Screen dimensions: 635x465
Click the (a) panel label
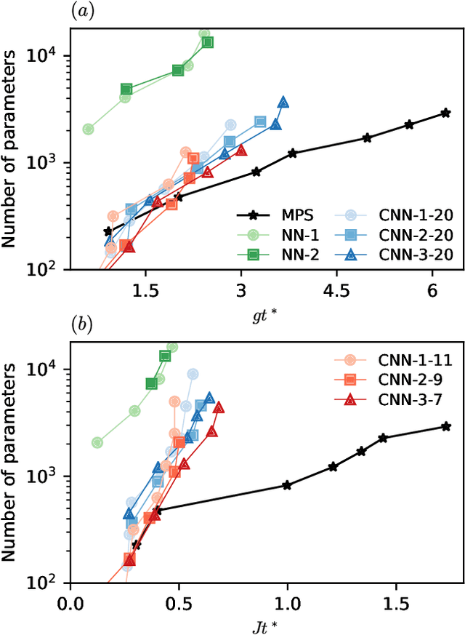click(x=80, y=9)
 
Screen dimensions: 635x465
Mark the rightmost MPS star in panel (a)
click(x=445, y=113)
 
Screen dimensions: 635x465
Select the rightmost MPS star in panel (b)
click(x=446, y=426)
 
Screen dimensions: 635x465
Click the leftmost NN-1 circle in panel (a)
click(x=88, y=129)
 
